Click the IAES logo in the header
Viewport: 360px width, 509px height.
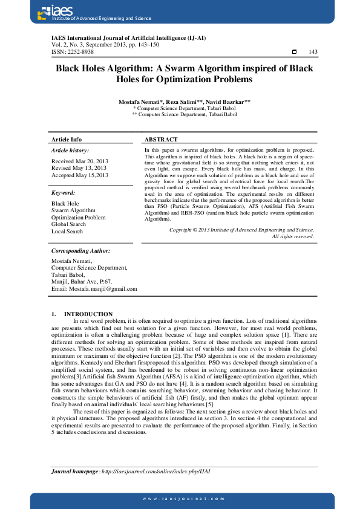[48, 11]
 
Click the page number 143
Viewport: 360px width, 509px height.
[313, 52]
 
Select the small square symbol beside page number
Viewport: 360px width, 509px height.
[294, 52]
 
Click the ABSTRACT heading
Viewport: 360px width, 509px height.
[161, 140]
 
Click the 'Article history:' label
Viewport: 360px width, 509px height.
[70, 150]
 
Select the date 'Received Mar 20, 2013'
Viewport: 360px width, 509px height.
[79, 161]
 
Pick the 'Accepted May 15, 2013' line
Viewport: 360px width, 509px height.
[80, 175]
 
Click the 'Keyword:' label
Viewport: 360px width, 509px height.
[63, 193]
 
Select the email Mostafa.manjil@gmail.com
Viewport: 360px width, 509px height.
[94, 288]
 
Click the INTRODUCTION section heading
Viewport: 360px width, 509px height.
[88, 314]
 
